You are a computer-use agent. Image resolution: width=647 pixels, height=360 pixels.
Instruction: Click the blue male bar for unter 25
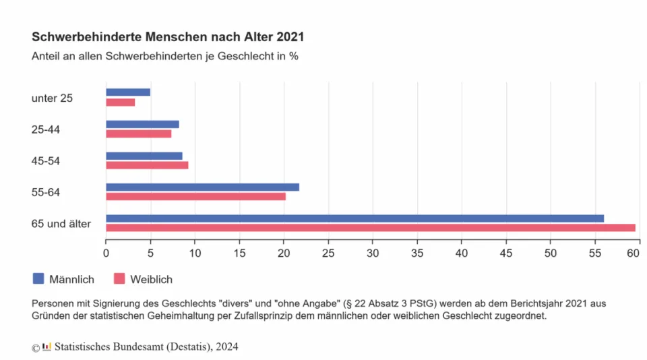pyautogui.click(x=128, y=92)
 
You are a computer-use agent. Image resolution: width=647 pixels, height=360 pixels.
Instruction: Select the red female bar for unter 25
pyautogui.click(x=121, y=102)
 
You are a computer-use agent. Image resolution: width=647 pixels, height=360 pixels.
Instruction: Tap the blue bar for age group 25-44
pyautogui.click(x=142, y=124)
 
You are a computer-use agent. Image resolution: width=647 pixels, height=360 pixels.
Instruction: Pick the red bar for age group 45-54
pyautogui.click(x=147, y=165)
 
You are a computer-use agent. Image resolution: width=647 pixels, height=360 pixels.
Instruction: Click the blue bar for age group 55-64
pyautogui.click(x=202, y=187)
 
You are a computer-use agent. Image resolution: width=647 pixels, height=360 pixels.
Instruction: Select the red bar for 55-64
pyautogui.click(x=195, y=197)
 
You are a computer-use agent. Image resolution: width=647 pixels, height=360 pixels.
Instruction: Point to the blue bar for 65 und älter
pyautogui.click(x=355, y=218)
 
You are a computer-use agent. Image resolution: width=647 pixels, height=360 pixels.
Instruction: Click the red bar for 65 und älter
pyautogui.click(x=371, y=228)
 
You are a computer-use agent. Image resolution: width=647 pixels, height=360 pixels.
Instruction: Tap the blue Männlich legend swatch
pyautogui.click(x=38, y=278)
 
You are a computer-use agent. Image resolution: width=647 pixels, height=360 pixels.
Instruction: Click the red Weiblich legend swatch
pyautogui.click(x=119, y=278)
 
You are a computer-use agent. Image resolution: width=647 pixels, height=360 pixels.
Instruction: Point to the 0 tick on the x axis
pyautogui.click(x=106, y=253)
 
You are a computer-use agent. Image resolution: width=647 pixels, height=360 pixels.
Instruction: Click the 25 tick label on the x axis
pyautogui.click(x=328, y=253)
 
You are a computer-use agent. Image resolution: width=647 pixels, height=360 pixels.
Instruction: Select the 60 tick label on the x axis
pyautogui.click(x=633, y=253)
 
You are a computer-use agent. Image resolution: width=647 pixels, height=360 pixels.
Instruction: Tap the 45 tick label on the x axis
pyautogui.click(x=506, y=253)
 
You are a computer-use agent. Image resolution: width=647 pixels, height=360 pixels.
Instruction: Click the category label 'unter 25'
pyautogui.click(x=52, y=98)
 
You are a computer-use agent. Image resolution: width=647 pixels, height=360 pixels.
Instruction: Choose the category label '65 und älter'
pyautogui.click(x=61, y=223)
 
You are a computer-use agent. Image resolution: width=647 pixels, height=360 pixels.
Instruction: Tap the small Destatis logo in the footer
pyautogui.click(x=47, y=347)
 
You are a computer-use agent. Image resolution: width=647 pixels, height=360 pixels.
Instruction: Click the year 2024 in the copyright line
pyautogui.click(x=226, y=347)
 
